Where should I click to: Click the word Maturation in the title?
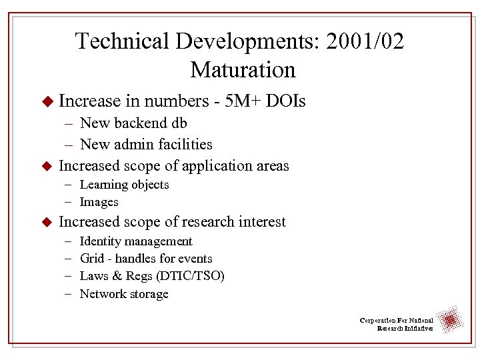point(243,69)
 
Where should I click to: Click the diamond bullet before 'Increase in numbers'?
point(47,102)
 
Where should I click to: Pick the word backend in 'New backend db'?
point(140,123)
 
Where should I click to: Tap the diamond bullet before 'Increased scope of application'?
point(47,166)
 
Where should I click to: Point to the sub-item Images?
point(99,202)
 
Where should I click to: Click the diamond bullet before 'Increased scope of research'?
point(47,222)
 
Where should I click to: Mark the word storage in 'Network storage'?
point(147,294)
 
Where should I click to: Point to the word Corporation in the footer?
point(379,321)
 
